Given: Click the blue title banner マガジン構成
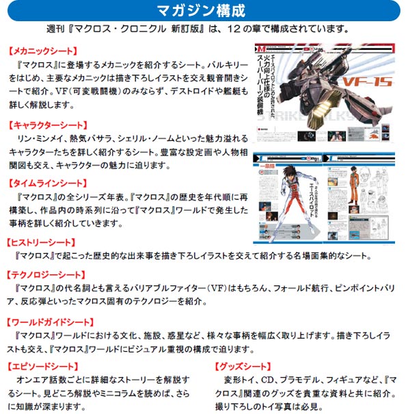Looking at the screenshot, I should point(205,11).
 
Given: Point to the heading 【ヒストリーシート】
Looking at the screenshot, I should point(42,242).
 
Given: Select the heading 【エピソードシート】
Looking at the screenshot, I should point(42,366).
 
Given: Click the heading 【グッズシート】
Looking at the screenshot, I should point(243,366).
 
